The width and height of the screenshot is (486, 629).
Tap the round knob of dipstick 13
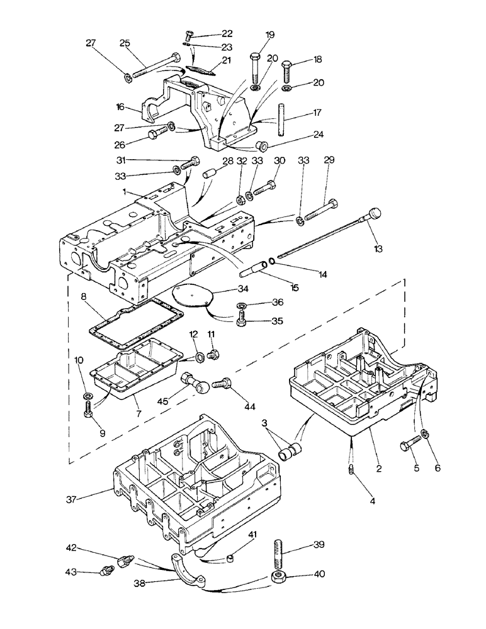tap(375, 213)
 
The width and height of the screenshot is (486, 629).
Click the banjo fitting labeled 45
tap(191, 381)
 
